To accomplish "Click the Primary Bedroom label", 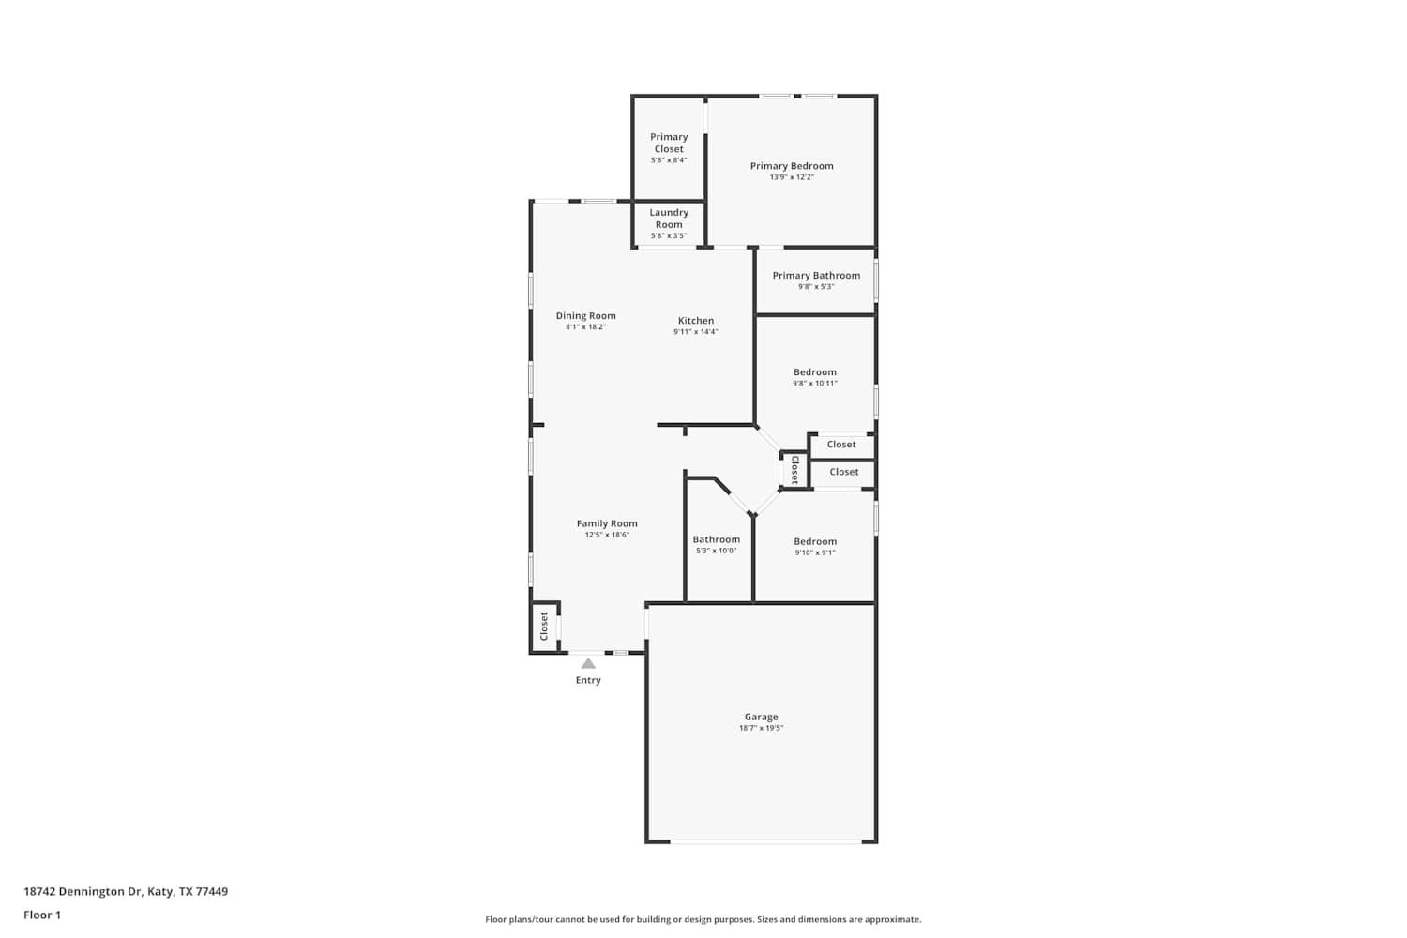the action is (792, 166).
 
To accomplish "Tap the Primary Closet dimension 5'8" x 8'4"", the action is (668, 160).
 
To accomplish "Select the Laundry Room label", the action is (668, 219).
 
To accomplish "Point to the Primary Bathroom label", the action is (816, 275).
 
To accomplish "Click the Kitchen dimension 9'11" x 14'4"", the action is (695, 332).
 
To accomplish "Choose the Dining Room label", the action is (585, 316).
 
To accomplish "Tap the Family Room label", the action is (607, 523).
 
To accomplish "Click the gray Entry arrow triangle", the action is (588, 664).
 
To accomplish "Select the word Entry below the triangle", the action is (588, 680).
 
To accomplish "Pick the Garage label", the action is (761, 717).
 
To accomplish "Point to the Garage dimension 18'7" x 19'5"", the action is (761, 728).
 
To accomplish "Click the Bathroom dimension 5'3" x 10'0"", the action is (716, 551).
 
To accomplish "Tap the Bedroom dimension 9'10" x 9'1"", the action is (815, 552).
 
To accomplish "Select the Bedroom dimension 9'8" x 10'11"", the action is (815, 384).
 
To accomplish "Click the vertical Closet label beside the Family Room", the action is (544, 626).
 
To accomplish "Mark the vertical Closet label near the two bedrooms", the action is (794, 469).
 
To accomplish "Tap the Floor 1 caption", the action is (42, 915).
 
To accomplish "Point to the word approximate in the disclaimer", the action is (893, 920).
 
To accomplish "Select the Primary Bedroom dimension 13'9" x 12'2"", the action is (792, 177).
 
